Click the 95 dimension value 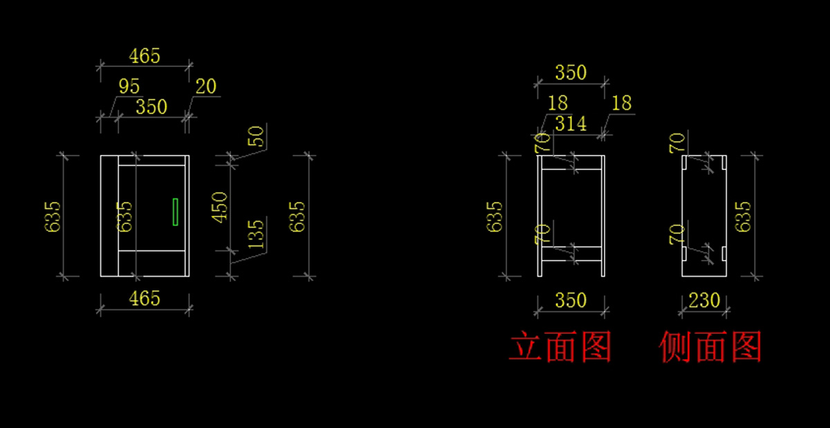click(x=129, y=86)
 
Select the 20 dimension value click(x=205, y=86)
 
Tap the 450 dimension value click(x=219, y=206)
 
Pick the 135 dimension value click(x=255, y=234)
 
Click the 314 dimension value click(x=571, y=124)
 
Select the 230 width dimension click(x=704, y=301)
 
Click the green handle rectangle click(x=176, y=212)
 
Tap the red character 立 click(x=526, y=347)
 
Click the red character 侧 click(x=676, y=347)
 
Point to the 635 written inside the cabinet click(x=124, y=216)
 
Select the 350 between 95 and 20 click(x=151, y=107)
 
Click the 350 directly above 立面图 click(x=571, y=301)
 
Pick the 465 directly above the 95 click(x=145, y=56)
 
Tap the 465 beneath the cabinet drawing click(x=145, y=299)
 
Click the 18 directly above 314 click(x=557, y=104)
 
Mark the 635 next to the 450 click(x=297, y=216)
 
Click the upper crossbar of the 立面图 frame click(x=571, y=163)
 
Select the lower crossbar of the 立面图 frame click(x=571, y=253)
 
